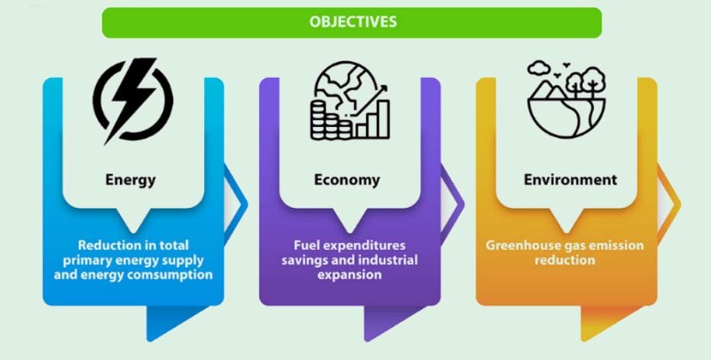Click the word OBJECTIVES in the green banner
tap(352, 21)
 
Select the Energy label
tap(131, 180)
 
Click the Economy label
tap(347, 180)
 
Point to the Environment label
tap(570, 180)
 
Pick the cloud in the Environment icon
tap(539, 68)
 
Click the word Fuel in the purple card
tap(304, 245)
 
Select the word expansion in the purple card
tap(349, 275)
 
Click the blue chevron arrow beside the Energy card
tap(235, 203)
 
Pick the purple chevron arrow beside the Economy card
tap(452, 203)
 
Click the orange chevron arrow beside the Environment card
tap(669, 203)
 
